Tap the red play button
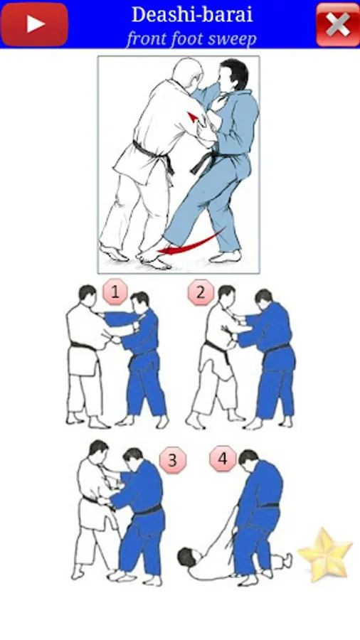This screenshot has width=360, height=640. pyautogui.click(x=35, y=24)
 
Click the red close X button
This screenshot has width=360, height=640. pyautogui.click(x=337, y=24)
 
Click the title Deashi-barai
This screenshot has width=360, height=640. pyautogui.click(x=192, y=15)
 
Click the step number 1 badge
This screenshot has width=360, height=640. pyautogui.click(x=115, y=292)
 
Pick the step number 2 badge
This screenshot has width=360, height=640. pyautogui.click(x=201, y=292)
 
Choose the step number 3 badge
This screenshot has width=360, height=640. pyautogui.click(x=173, y=460)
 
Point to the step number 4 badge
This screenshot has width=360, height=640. pyautogui.click(x=223, y=459)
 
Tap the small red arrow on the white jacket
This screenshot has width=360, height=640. pyautogui.click(x=193, y=118)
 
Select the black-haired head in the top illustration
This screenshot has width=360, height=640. pyautogui.click(x=232, y=76)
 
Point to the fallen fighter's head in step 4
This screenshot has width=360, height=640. pyautogui.click(x=187, y=557)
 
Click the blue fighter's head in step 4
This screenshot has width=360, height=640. pyautogui.click(x=248, y=459)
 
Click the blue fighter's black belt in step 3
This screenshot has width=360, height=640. pyautogui.click(x=147, y=510)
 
